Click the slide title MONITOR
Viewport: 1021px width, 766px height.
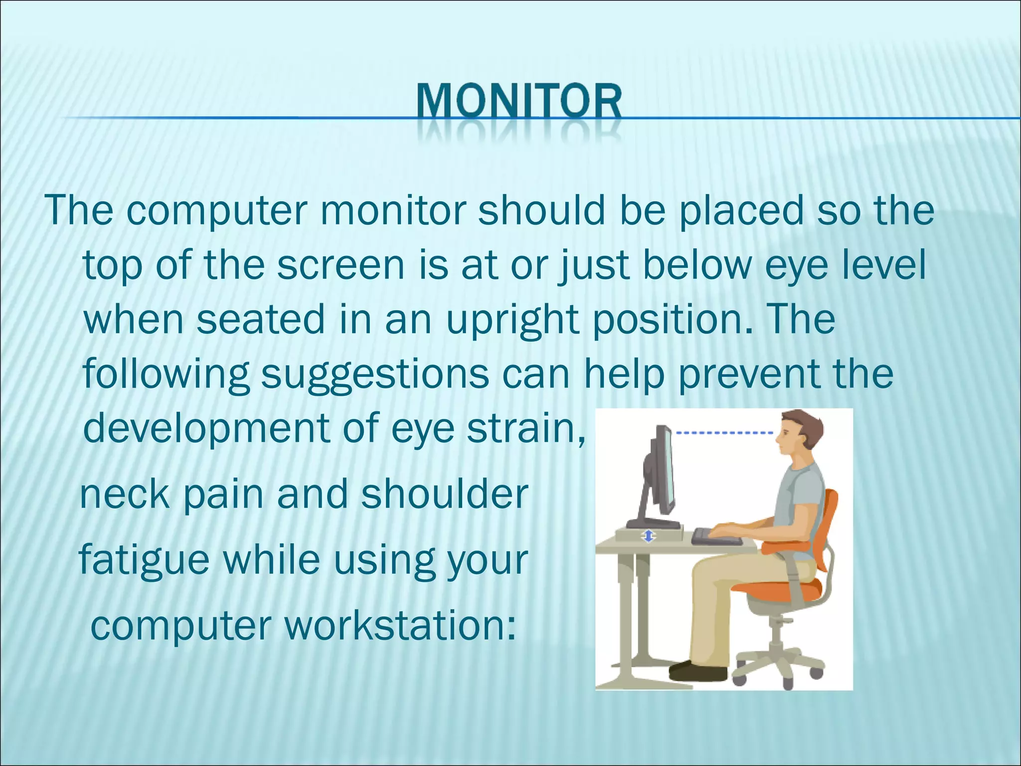519,102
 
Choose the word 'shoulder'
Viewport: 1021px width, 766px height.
444,494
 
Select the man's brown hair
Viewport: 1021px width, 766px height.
805,424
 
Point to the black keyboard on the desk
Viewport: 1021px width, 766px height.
715,538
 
